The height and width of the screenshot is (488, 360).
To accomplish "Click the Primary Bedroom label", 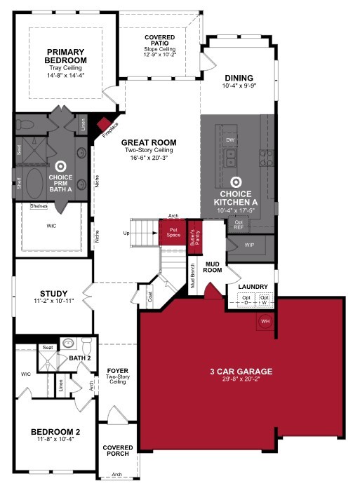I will click(65, 55).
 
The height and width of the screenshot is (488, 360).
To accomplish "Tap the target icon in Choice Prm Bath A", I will click(60, 166).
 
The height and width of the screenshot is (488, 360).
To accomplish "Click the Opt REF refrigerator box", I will click(239, 225).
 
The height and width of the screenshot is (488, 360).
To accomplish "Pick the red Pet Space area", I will click(172, 232).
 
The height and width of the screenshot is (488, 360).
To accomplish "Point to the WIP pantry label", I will click(250, 245).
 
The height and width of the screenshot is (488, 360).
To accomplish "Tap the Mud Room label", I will click(213, 266).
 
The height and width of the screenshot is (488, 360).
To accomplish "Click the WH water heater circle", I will click(265, 320).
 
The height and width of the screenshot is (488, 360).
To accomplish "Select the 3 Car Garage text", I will click(241, 371).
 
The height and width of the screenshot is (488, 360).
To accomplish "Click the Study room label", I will click(55, 294).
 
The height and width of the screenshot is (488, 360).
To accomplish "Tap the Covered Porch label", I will click(118, 451).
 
